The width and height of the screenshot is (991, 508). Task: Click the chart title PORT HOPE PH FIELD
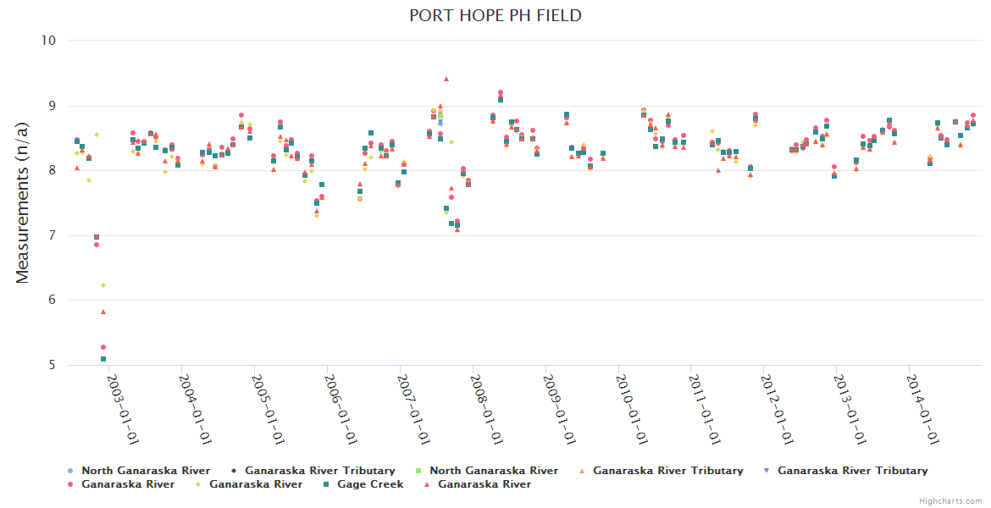(x=495, y=16)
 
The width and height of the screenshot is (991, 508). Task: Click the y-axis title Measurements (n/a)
(x=23, y=202)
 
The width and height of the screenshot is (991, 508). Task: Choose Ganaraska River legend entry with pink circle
(x=128, y=484)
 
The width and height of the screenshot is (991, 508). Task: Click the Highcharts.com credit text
(x=950, y=501)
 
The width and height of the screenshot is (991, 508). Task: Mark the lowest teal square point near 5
(x=103, y=359)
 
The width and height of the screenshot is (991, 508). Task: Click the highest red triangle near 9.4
(x=446, y=79)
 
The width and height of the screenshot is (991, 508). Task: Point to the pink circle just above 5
(x=103, y=347)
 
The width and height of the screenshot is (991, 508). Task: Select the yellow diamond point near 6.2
(x=103, y=285)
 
